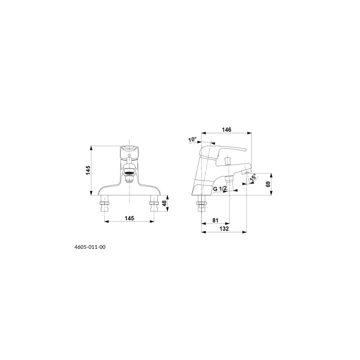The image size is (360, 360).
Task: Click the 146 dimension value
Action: click(226, 130)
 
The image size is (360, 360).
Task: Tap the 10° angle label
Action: click(192, 139)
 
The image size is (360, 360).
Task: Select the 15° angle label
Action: click(253, 178)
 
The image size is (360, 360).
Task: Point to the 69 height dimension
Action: click(268, 184)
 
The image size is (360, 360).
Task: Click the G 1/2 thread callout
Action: click(220, 189)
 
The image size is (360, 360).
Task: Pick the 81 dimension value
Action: click(215, 220)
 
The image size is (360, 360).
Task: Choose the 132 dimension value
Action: click(224, 229)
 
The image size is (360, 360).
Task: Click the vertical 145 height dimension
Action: click(89, 170)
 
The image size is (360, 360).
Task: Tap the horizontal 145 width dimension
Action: click(129, 218)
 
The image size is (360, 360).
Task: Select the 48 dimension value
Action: click(164, 203)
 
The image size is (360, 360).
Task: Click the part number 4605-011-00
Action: click(90, 247)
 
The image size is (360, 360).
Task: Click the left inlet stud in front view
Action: click(105, 203)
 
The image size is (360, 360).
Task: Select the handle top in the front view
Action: click(129, 150)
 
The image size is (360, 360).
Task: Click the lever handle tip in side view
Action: click(245, 150)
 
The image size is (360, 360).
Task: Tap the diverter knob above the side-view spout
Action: click(228, 160)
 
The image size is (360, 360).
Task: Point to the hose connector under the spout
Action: click(229, 179)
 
